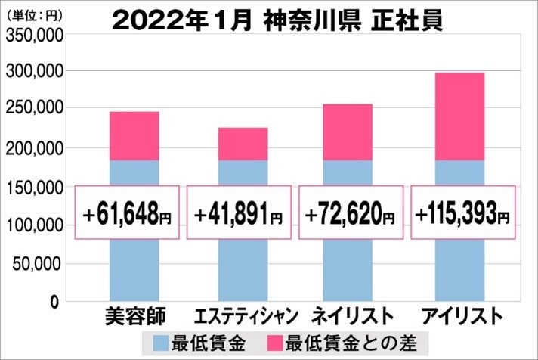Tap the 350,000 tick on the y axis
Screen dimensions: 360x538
coord(32,33)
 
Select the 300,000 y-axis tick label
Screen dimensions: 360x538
coord(32,71)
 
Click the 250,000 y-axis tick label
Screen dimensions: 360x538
coord(32,110)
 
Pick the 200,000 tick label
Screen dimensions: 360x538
coord(32,148)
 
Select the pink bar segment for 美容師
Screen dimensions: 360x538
coord(134,136)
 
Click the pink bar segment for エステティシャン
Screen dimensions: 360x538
coord(243,144)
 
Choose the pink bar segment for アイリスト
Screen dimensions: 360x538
coord(459,116)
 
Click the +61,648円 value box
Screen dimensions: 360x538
coord(127,213)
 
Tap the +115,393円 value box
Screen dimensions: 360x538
coord(462,213)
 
